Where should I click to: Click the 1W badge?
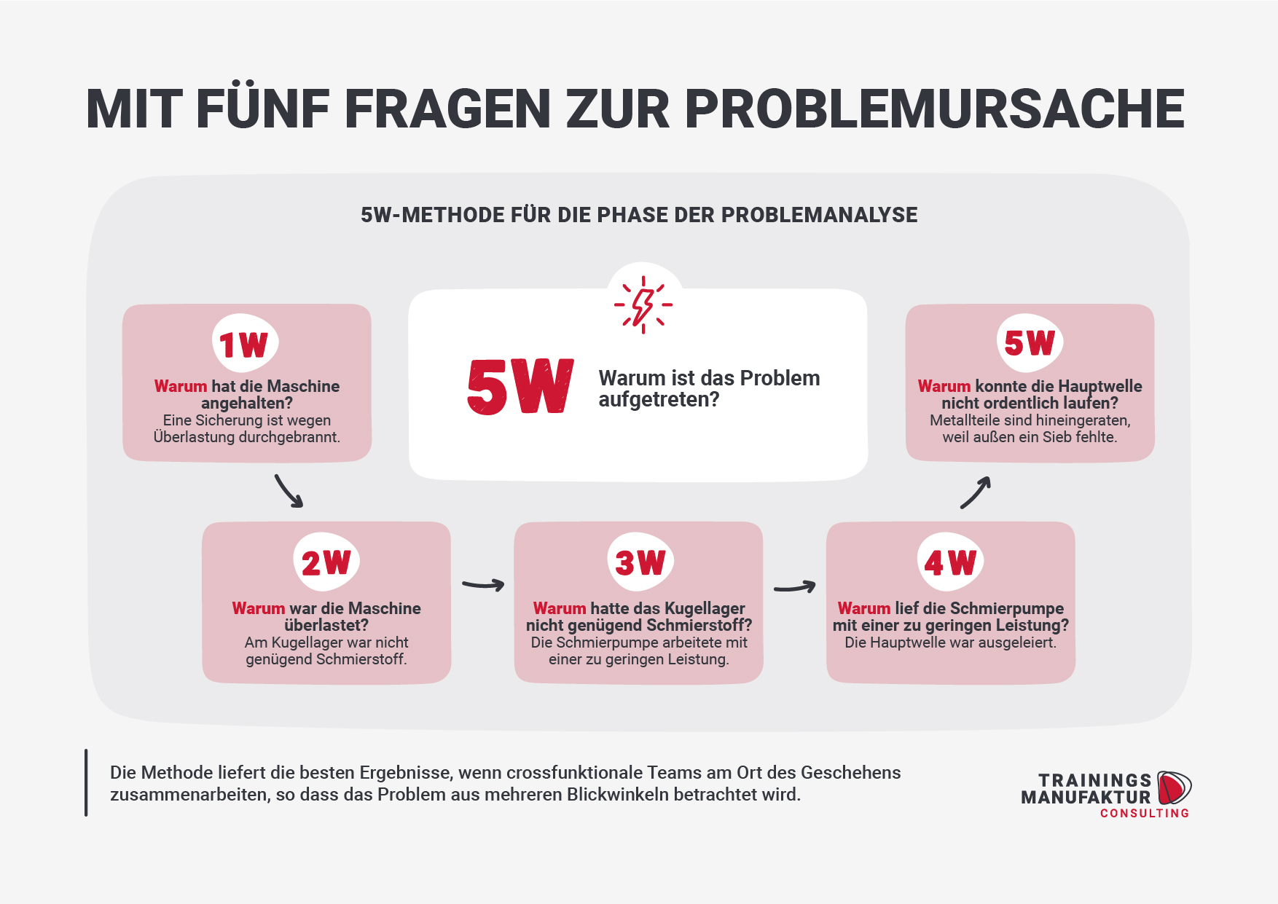[x=245, y=343]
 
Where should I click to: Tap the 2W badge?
[x=326, y=562]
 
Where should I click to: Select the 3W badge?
[x=640, y=562]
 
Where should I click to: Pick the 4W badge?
[x=950, y=562]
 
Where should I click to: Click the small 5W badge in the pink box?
[x=1030, y=342]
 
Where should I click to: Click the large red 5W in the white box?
[x=520, y=387]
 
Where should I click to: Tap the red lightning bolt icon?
[x=643, y=305]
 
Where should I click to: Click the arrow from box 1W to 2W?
[x=288, y=491]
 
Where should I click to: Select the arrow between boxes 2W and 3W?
[x=483, y=584]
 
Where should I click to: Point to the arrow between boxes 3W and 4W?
[x=795, y=586]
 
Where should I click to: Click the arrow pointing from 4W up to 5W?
[x=976, y=492]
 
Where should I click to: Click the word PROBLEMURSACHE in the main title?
[x=935, y=109]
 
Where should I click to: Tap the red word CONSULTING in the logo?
[x=1145, y=813]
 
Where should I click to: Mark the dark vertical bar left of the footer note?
[x=86, y=782]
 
